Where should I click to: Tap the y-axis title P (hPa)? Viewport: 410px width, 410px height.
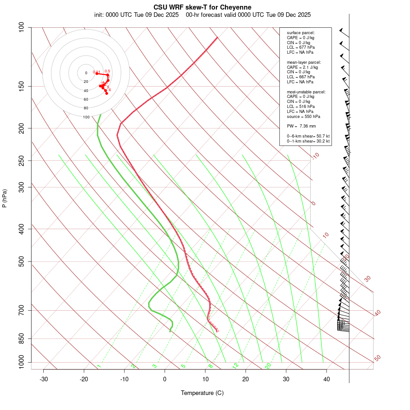point(5,198)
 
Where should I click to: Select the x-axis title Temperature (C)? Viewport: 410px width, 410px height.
point(202,393)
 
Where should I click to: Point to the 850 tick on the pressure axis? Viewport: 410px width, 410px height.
point(21,338)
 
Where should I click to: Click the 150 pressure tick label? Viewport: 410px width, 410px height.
point(21,86)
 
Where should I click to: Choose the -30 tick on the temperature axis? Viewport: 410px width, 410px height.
point(44,379)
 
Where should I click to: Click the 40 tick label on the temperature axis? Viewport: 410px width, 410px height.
point(326,379)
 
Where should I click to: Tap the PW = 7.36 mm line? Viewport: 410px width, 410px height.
point(301,126)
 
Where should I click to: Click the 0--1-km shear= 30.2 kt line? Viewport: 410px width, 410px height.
point(308,141)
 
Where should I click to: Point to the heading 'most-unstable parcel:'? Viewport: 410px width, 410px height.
point(306,92)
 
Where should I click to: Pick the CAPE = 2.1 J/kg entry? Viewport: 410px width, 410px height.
point(302,67)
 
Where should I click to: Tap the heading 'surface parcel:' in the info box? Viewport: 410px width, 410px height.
point(301,32)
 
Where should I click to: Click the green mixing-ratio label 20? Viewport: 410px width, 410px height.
point(268,365)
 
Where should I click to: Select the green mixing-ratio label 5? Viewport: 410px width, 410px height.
point(183,366)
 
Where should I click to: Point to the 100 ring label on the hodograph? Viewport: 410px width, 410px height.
point(86,117)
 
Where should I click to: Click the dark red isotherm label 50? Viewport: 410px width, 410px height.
point(377,358)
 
